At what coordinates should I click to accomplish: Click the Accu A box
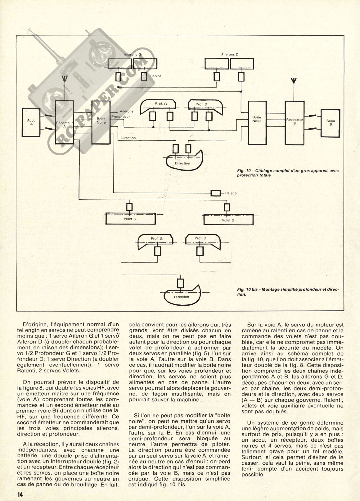32,122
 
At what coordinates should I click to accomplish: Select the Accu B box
331,122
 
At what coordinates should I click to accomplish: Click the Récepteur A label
64,124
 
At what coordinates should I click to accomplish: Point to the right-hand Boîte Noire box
257,121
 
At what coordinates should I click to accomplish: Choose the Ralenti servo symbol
216,193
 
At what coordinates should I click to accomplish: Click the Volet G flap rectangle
130,219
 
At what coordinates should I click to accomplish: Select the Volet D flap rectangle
228,220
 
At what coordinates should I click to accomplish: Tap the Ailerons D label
230,54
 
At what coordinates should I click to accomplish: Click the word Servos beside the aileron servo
156,76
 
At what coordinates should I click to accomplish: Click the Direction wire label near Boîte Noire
128,138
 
